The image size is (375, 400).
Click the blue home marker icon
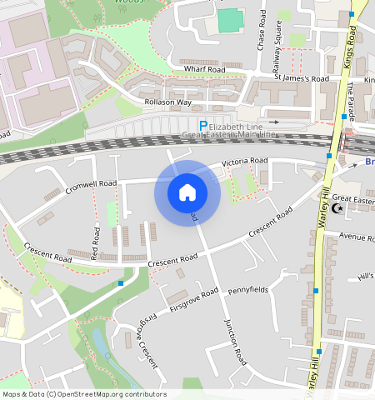pyautogui.click(x=187, y=193)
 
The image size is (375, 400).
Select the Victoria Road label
pyautogui.click(x=244, y=160)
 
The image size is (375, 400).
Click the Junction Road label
pyautogui.click(x=236, y=343)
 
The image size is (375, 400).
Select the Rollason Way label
pyautogui.click(x=167, y=102)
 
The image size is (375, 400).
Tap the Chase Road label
pyautogui.click(x=262, y=28)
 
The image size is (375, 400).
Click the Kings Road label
pyautogui.click(x=350, y=47)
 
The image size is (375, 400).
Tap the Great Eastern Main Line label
pyautogui.click(x=228, y=134)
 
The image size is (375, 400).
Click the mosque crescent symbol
pyautogui.click(x=337, y=209)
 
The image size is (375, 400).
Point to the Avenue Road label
pyautogui.click(x=357, y=238)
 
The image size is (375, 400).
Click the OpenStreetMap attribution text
pyautogui.click(x=84, y=394)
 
